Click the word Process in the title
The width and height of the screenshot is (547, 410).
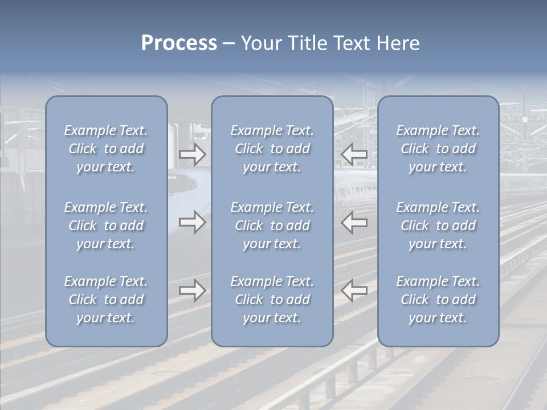(179, 43)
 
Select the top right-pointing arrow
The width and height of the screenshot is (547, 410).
(192, 154)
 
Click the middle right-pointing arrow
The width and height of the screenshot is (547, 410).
(192, 222)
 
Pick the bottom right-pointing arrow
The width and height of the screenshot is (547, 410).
(192, 290)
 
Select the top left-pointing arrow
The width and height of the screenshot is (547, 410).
(354, 154)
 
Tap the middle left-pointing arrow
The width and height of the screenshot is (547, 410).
(354, 222)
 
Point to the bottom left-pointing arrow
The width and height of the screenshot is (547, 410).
(354, 290)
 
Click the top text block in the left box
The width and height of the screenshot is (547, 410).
(106, 149)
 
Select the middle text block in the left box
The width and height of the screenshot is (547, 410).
(106, 225)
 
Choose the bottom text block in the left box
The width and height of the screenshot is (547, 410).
(106, 300)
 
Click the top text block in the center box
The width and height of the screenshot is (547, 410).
(272, 149)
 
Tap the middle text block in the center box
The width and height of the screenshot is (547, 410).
(272, 225)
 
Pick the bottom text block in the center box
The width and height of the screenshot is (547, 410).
(272, 300)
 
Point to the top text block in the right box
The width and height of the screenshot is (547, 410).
(438, 149)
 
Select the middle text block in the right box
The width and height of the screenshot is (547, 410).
(438, 225)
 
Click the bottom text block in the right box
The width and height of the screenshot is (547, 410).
(438, 300)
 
